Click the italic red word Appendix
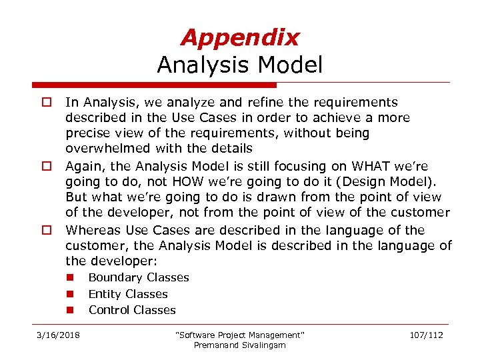point(240,37)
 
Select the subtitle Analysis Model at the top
point(240,65)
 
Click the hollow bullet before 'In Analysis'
point(47,103)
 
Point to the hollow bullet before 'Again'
point(47,167)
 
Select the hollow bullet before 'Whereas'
point(47,231)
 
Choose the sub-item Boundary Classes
point(139,277)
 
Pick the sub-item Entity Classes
point(128,294)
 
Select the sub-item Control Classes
point(132,310)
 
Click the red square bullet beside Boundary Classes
point(69,277)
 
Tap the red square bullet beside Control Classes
point(69,310)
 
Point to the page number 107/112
point(427,335)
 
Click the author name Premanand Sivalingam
point(239,345)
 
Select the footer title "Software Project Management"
point(239,335)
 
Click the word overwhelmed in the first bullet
point(103,148)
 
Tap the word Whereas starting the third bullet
point(91,230)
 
